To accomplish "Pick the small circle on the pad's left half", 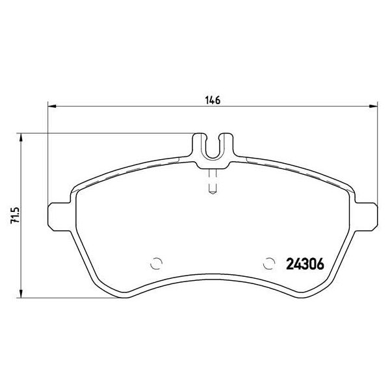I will tap(155, 264).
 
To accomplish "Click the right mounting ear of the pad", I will tap(367, 214).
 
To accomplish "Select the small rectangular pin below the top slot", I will tap(212, 184).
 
